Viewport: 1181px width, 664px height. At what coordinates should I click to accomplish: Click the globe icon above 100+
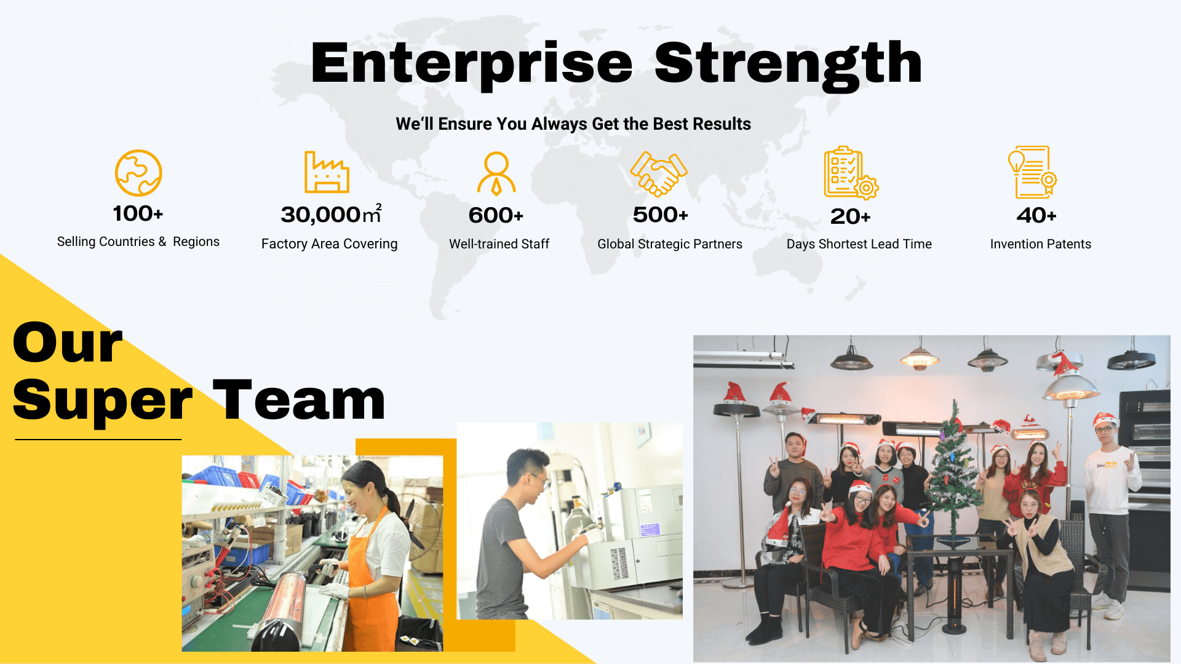(x=138, y=173)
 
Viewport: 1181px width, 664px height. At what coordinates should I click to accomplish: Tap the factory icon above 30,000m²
(x=327, y=172)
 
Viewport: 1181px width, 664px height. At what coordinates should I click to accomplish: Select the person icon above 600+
(x=496, y=173)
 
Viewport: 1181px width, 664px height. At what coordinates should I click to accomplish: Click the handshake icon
(x=659, y=174)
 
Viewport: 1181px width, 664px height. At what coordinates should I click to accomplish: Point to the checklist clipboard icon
(x=851, y=173)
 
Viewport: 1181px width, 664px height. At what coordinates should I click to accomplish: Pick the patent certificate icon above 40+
(x=1032, y=172)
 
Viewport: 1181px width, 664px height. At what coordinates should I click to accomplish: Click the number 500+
(x=661, y=215)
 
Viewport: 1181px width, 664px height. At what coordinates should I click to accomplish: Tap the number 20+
(x=851, y=216)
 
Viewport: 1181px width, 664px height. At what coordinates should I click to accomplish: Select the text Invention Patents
(x=1041, y=244)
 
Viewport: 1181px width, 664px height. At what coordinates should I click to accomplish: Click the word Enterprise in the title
(x=472, y=63)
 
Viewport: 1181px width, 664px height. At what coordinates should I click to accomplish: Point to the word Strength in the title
(x=789, y=63)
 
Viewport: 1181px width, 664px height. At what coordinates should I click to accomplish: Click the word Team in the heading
(x=299, y=400)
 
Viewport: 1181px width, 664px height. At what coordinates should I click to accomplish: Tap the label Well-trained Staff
(x=499, y=244)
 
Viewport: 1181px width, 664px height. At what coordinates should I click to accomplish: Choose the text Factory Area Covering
(x=330, y=244)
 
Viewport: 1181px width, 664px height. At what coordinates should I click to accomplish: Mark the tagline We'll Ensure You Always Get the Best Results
(x=573, y=124)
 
